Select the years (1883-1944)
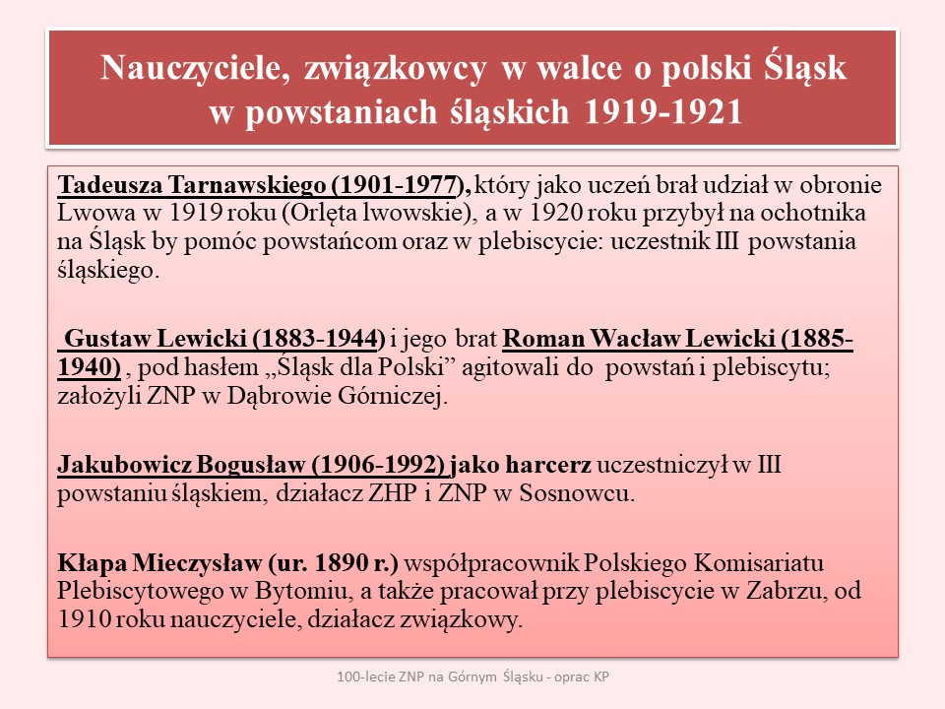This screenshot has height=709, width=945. click(316, 339)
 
